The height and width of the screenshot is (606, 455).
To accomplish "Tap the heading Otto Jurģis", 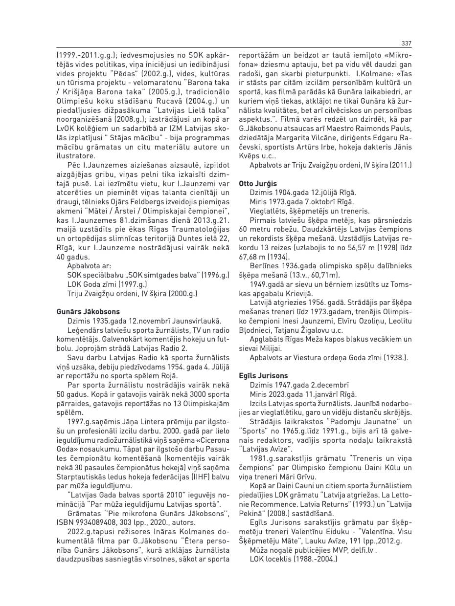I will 257,184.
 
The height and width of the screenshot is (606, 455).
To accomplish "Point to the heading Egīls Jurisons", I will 263,376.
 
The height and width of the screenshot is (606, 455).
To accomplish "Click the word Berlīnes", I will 265,265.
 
